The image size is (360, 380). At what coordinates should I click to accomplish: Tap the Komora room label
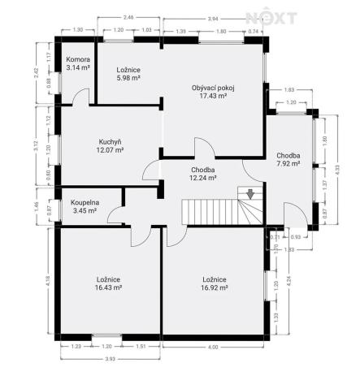[77, 60]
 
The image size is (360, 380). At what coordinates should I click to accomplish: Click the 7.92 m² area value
[288, 163]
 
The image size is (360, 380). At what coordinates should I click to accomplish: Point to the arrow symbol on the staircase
[250, 193]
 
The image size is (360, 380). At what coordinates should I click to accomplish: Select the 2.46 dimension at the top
[128, 16]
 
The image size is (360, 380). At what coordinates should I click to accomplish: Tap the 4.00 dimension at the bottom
[213, 348]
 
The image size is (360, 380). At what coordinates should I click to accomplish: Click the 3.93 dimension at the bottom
[107, 359]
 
